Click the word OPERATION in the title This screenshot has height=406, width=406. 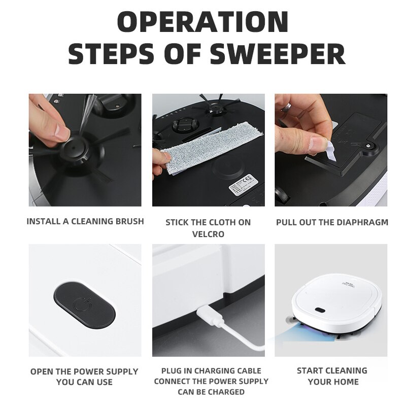[203, 23]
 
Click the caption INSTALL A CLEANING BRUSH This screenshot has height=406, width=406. [85, 221]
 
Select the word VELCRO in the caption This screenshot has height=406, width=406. [208, 234]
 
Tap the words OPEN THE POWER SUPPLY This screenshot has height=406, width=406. [84, 371]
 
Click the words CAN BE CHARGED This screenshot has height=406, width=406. [211, 392]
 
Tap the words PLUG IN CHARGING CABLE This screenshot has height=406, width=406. [211, 370]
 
